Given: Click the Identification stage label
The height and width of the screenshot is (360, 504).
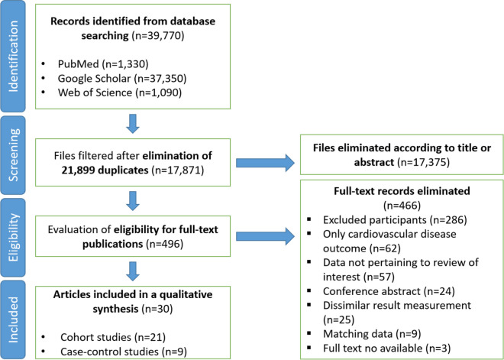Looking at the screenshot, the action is tap(13, 57).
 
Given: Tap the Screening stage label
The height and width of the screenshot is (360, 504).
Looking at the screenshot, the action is tap(13, 154).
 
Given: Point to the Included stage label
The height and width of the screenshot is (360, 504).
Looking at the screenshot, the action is tap(13, 319).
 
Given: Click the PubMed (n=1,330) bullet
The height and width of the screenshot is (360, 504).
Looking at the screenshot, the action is tap(103, 64).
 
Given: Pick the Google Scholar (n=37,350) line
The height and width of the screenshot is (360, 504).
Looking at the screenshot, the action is tap(122, 79).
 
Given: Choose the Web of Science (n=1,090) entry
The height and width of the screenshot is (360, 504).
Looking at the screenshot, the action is tap(120, 92).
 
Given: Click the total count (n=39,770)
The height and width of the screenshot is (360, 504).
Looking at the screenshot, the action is tap(158, 35).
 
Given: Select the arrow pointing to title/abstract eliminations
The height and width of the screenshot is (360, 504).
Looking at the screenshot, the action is tap(265, 163).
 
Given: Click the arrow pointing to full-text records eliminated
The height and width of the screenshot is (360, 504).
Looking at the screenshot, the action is tap(265, 237).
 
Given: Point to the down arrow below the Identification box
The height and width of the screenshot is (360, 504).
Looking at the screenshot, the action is tap(133, 124).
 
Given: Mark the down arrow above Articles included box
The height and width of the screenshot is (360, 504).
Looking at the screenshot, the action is tap(133, 271).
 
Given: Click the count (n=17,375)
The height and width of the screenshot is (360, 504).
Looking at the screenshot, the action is tap(423, 163).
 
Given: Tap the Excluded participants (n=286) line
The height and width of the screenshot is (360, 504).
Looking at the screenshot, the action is tap(395, 220).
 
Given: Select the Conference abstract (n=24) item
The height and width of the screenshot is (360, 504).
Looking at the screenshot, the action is tap(389, 291).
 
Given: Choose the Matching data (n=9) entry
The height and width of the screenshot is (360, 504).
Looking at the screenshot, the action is tap(372, 333).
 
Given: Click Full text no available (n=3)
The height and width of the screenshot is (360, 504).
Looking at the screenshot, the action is tap(386, 348).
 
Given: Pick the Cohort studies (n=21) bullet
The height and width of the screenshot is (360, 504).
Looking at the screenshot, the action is tap(113, 337).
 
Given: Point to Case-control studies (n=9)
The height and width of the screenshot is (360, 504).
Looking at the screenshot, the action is tap(124, 352).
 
